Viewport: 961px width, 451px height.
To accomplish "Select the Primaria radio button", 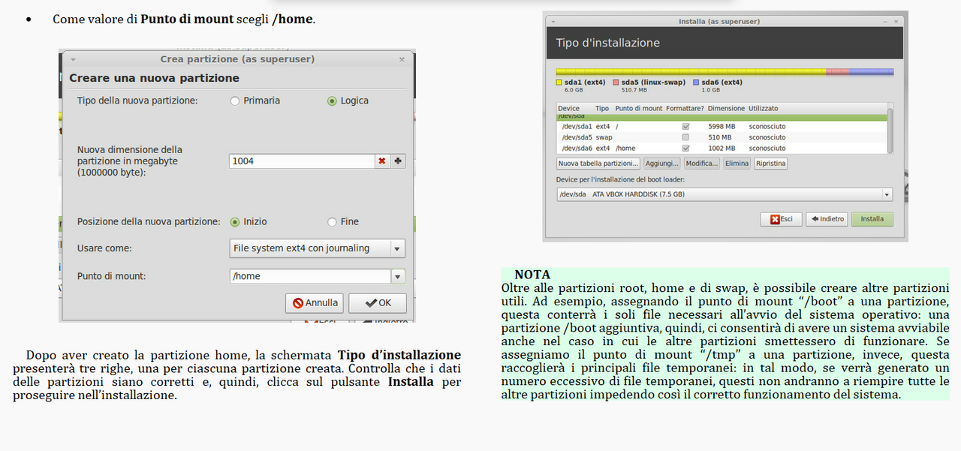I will [x=235, y=101].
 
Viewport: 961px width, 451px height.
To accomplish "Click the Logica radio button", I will [x=332, y=101].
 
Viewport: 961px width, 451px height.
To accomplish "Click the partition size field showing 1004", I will [x=301, y=161].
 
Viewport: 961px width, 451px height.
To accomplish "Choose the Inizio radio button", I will [x=235, y=221].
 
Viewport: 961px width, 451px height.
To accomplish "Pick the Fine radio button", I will [x=332, y=221].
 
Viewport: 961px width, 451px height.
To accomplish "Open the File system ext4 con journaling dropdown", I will [x=317, y=248].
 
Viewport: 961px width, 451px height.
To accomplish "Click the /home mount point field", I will [x=309, y=276].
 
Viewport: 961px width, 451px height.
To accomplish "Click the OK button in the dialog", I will [x=377, y=303].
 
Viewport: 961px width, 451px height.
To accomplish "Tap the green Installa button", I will [x=872, y=219].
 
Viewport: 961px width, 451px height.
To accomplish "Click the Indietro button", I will [x=827, y=219].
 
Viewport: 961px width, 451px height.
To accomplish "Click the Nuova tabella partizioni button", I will [x=598, y=164].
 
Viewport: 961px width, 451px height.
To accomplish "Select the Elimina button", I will [x=737, y=164].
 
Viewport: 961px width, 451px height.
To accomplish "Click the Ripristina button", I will [x=770, y=164].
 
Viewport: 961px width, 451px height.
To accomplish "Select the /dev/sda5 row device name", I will [x=577, y=137].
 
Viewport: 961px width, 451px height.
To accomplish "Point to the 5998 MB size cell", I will [x=721, y=127].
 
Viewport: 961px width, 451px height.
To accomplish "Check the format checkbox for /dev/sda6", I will [x=685, y=149].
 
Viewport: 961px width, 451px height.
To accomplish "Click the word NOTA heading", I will [x=532, y=275].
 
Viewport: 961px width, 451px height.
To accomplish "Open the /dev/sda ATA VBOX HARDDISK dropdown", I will [x=724, y=194].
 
